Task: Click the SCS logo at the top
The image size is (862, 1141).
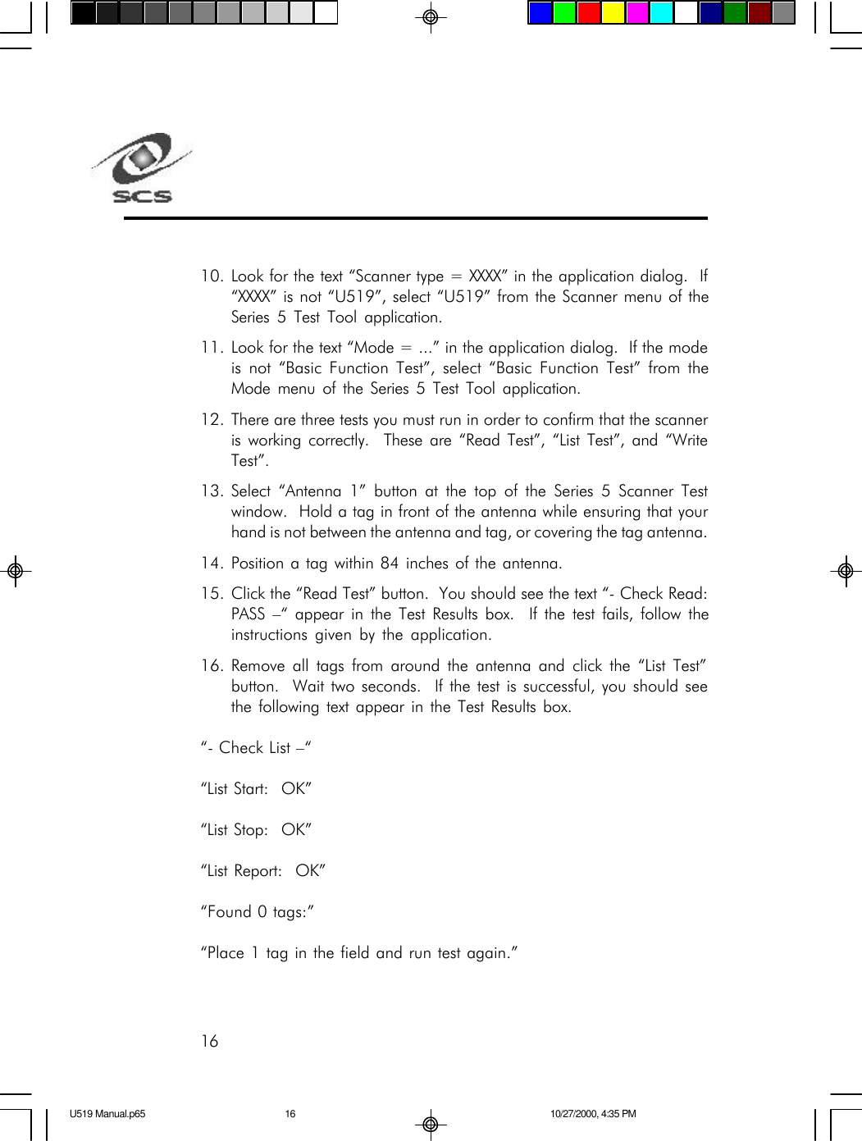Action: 141,167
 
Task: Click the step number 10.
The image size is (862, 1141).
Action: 212,276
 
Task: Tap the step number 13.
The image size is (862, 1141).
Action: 212,491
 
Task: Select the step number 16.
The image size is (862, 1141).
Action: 212,666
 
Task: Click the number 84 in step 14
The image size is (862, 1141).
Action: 390,564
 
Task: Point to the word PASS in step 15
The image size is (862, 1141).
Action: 248,614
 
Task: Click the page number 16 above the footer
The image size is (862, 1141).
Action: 210,1042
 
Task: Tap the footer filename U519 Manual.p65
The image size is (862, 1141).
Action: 107,1114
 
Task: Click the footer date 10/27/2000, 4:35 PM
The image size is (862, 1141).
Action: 593,1114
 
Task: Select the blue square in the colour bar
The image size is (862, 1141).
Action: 540,13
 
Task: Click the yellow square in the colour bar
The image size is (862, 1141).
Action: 613,13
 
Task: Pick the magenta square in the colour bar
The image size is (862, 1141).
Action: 637,13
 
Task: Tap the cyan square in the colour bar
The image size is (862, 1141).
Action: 661,13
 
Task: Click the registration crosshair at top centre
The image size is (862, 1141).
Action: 430,17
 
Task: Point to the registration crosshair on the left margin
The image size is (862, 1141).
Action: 15,571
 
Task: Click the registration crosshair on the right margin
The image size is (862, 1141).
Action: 846,571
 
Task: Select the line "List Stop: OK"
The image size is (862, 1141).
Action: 256,830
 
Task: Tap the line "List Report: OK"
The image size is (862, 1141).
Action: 262,871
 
